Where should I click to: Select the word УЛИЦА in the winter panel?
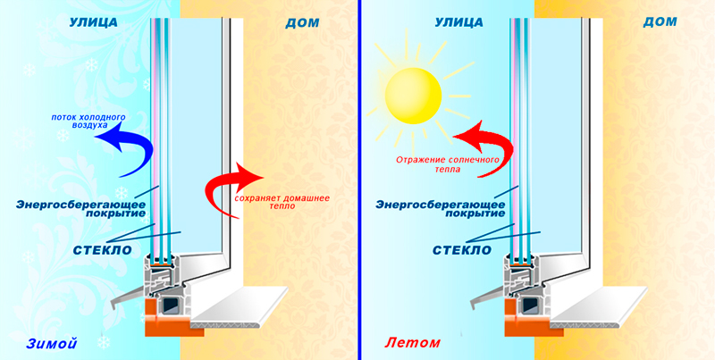pyautogui.click(x=92, y=22)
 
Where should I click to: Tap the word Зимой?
pyautogui.click(x=46, y=342)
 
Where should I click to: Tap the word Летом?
pyautogui.click(x=408, y=342)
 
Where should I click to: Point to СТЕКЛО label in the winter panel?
pyautogui.click(x=103, y=249)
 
